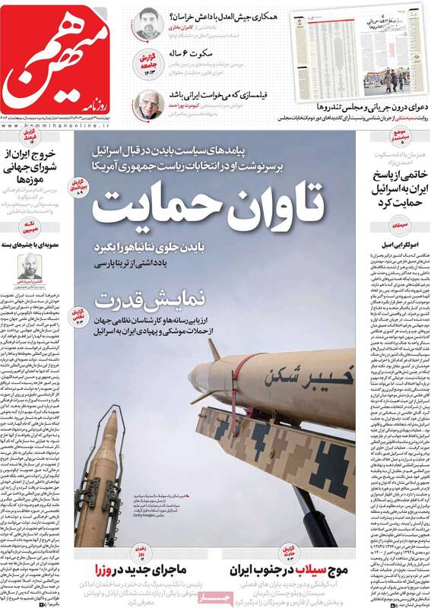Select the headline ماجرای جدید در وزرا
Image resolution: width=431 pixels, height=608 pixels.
(144, 569)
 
